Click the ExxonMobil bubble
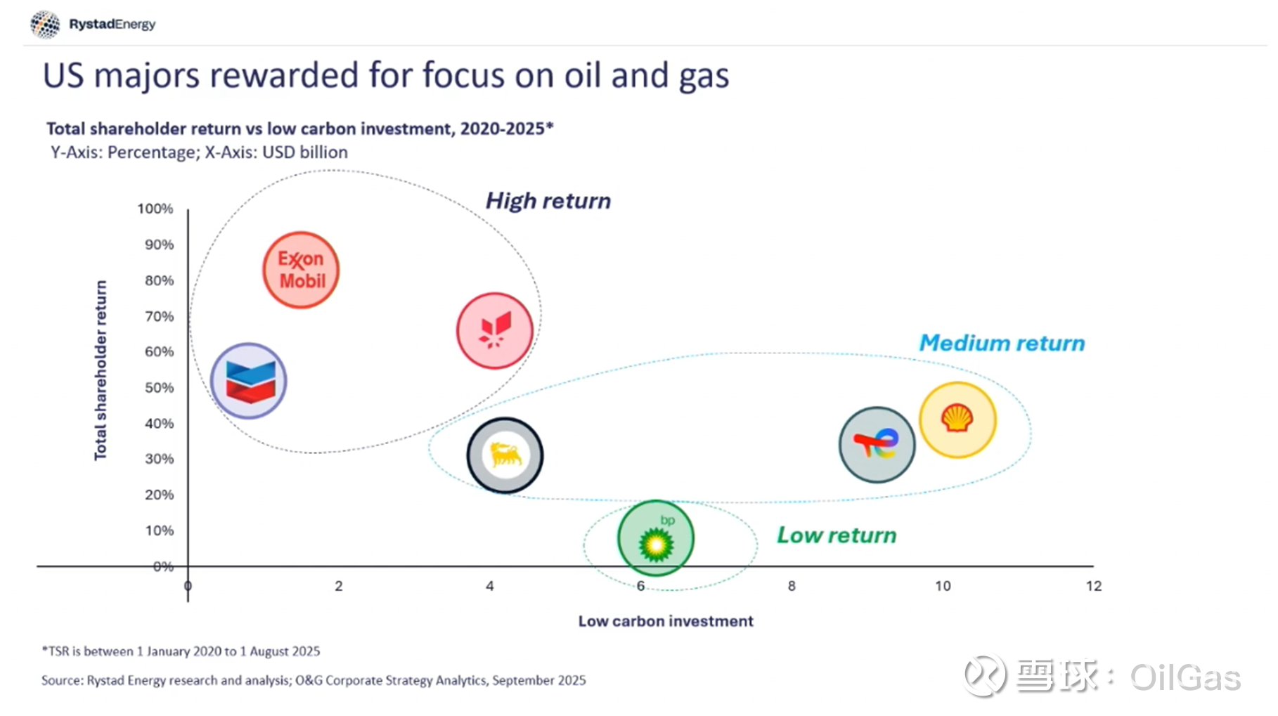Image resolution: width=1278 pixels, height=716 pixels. (x=301, y=270)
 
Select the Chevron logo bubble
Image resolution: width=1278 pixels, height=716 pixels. (x=249, y=381)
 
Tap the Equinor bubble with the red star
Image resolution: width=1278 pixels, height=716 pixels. (x=495, y=330)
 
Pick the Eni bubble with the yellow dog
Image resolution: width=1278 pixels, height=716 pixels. (x=505, y=455)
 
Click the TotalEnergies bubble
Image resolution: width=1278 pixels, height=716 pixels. (x=877, y=444)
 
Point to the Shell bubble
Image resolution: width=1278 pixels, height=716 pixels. (x=957, y=419)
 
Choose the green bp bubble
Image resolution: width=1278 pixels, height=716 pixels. (x=656, y=538)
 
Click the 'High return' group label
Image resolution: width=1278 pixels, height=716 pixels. (x=548, y=201)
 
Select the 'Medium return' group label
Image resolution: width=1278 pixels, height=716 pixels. (x=1002, y=343)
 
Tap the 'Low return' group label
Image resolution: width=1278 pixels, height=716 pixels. (x=836, y=535)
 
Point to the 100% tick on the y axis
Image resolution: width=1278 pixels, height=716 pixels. (x=155, y=209)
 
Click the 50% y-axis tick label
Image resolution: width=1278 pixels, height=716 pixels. (x=159, y=388)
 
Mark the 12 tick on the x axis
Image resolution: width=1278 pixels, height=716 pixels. (x=1093, y=586)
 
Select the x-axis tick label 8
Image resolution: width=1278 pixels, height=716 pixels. (x=792, y=586)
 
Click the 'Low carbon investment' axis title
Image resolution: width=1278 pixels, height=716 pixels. (x=665, y=621)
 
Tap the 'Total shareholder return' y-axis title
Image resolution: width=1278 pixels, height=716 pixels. (x=101, y=370)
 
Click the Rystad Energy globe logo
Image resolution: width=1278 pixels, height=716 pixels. (x=45, y=25)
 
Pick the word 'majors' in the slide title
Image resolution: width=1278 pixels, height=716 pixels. (x=146, y=76)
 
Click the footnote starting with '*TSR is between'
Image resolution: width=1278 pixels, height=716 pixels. (x=181, y=651)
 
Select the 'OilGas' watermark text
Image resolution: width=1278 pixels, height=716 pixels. (x=1185, y=677)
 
